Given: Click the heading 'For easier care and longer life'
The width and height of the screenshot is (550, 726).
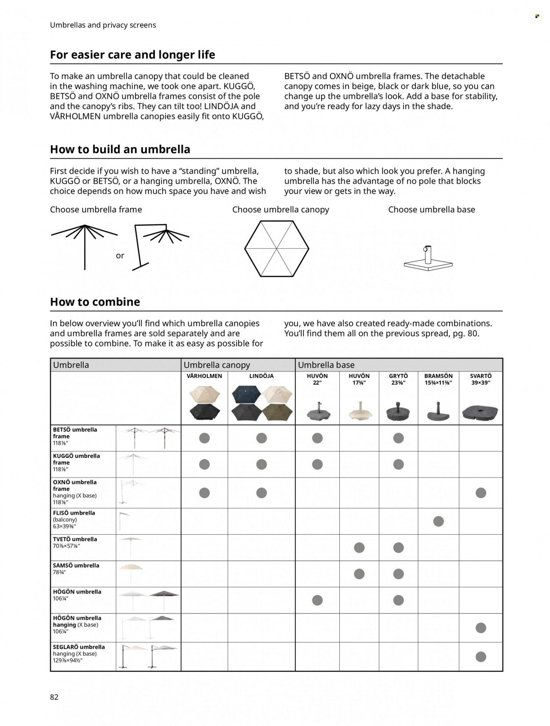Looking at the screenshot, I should click(132, 55).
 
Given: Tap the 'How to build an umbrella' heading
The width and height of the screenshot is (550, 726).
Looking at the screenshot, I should click(120, 150).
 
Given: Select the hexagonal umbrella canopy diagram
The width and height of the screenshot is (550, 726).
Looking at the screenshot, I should click(277, 248).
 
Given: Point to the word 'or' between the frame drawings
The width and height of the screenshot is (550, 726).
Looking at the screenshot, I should click(120, 255).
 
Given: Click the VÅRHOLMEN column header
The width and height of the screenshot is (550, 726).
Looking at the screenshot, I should click(204, 376).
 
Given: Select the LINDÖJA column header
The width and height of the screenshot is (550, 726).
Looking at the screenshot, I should click(261, 376).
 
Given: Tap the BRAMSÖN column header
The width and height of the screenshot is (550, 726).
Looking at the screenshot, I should click(438, 379).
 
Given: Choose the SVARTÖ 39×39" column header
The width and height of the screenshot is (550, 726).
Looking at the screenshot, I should click(480, 379).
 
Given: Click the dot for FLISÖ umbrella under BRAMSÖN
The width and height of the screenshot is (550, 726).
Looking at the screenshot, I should click(438, 522).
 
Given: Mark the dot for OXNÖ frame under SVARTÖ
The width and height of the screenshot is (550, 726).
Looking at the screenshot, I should click(481, 493).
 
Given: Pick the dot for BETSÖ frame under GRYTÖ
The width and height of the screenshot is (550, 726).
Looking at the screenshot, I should click(399, 438).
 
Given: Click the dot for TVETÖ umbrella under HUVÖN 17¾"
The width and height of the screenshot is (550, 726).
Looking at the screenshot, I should click(359, 547).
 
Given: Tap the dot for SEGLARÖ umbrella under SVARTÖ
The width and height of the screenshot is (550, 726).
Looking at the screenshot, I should click(481, 657).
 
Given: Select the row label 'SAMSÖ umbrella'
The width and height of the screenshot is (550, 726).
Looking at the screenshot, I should click(76, 565).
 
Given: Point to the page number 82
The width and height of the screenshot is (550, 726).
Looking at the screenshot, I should click(54, 697).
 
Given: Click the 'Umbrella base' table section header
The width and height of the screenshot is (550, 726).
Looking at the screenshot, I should click(326, 365).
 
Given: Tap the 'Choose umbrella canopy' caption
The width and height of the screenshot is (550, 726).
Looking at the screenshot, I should click(281, 210).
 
